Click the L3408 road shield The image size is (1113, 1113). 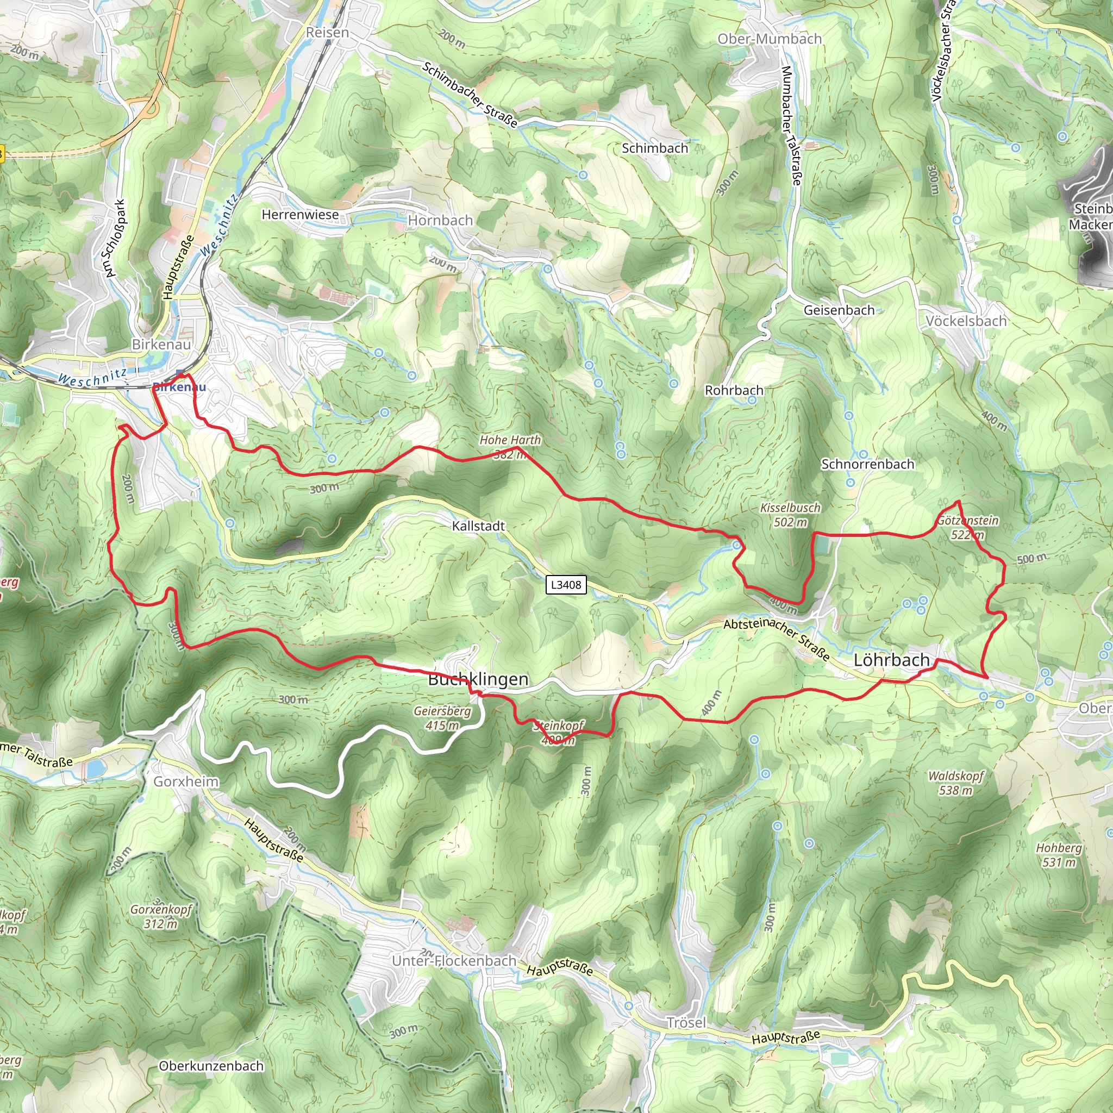click(566, 585)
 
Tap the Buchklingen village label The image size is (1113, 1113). click(478, 679)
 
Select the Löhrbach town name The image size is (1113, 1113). click(891, 660)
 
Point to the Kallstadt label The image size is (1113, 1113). click(478, 526)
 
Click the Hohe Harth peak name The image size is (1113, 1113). click(510, 440)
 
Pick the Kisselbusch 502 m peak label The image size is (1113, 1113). click(790, 515)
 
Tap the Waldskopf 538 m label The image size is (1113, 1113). click(956, 783)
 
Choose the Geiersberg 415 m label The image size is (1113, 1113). click(442, 718)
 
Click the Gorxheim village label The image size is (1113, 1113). click(186, 781)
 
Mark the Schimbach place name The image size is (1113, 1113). click(655, 148)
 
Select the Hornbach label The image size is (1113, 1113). click(441, 221)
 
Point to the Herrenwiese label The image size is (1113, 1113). click(300, 215)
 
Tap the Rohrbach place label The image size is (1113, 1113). click(734, 391)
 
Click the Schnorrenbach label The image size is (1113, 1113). click(867, 464)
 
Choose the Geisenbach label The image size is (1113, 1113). click(839, 310)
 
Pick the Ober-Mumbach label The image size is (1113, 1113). click(769, 39)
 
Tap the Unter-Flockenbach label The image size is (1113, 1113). click(454, 961)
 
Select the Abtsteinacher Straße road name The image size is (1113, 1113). click(777, 639)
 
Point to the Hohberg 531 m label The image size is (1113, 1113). click(1059, 855)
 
